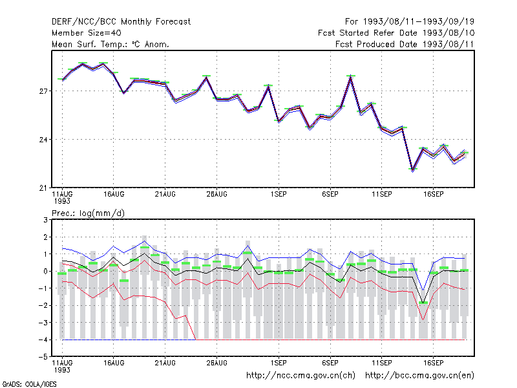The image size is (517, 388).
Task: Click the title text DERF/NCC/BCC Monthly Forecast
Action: [x=121, y=22]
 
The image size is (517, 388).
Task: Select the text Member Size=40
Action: [x=87, y=33]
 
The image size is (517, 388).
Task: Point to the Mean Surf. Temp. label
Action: [x=89, y=44]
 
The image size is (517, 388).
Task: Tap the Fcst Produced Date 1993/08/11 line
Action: [x=405, y=44]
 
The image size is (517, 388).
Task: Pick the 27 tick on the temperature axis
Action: [x=43, y=91]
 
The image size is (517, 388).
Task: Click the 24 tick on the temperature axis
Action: [x=43, y=140]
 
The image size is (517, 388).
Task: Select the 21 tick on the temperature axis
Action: [x=43, y=188]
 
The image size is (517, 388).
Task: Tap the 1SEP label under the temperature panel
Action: [x=279, y=195]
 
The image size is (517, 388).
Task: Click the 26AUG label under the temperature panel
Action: [x=217, y=195]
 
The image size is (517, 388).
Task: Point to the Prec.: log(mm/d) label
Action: [x=88, y=213]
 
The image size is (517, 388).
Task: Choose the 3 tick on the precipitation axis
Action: [x=45, y=220]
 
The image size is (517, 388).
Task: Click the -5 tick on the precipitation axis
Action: [x=43, y=357]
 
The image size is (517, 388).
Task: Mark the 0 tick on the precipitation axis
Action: [x=45, y=271]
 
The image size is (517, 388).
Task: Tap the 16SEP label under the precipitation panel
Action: [x=433, y=363]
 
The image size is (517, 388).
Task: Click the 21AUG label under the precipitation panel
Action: [x=165, y=363]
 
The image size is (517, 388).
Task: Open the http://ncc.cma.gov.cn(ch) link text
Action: [x=301, y=376]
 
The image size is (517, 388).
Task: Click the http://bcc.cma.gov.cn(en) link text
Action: [x=419, y=376]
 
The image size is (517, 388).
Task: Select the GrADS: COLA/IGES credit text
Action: [x=29, y=384]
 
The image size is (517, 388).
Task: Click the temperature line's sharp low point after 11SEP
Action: [x=413, y=170]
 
